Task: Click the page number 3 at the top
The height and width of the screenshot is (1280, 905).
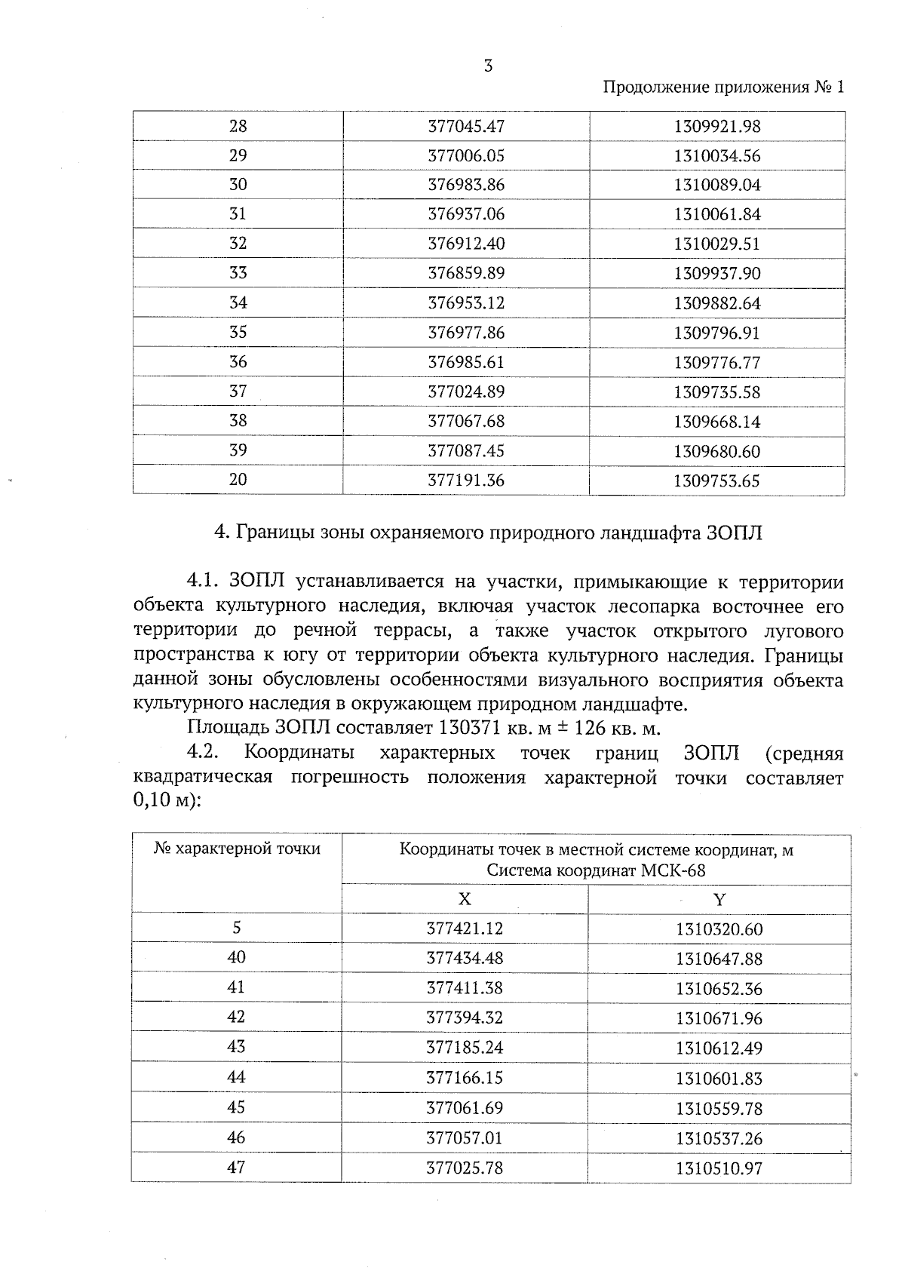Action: point(488,66)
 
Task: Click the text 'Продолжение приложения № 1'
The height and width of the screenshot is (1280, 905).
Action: point(724,87)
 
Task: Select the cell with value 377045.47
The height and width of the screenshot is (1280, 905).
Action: point(465,126)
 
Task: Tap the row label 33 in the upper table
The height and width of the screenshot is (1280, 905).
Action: point(238,272)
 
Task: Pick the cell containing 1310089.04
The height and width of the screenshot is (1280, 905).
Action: point(716,185)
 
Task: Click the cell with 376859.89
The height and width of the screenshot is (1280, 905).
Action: point(465,273)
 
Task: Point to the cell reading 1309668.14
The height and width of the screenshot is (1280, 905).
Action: point(716,422)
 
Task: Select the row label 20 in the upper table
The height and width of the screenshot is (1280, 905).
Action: point(238,479)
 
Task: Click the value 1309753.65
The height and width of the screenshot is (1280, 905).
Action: point(716,480)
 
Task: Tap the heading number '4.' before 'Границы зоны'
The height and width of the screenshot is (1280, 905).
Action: point(222,533)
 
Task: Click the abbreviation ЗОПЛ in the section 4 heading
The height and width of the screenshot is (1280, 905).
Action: point(735,533)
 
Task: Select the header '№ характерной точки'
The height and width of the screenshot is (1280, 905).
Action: point(237,849)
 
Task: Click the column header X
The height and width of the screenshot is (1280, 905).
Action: point(465,899)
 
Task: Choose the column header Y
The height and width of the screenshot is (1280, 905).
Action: point(719,899)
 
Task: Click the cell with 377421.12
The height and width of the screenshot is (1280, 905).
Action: point(465,929)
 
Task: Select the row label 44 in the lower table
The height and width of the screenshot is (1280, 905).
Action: point(236,1077)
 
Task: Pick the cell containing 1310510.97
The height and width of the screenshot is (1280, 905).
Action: point(719,1168)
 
